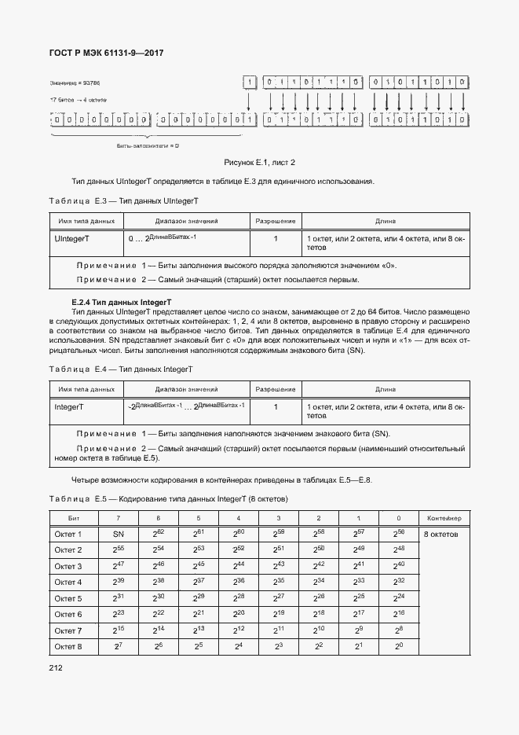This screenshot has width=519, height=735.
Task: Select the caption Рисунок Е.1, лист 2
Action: point(259,163)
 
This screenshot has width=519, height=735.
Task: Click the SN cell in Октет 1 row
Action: point(117,534)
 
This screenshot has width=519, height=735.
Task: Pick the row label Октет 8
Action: point(68,646)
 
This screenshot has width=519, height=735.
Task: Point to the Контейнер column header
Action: point(444,518)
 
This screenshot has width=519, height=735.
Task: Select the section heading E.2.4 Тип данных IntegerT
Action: point(121,302)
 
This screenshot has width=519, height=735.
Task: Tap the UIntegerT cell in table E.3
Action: point(71,238)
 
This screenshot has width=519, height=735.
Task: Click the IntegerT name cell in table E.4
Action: point(69,407)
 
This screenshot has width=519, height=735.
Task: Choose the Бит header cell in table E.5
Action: point(73,518)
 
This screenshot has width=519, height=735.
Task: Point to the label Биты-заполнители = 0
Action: point(148,146)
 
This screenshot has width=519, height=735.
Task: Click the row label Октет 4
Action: point(68,582)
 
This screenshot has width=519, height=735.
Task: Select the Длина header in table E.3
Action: point(385,222)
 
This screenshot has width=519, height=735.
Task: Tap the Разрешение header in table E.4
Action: point(276,389)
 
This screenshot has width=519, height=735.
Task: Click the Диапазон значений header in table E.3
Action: point(186,222)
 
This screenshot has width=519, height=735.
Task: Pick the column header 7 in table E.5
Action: point(117,518)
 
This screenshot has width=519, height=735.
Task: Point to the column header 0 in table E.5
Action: point(399,518)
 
